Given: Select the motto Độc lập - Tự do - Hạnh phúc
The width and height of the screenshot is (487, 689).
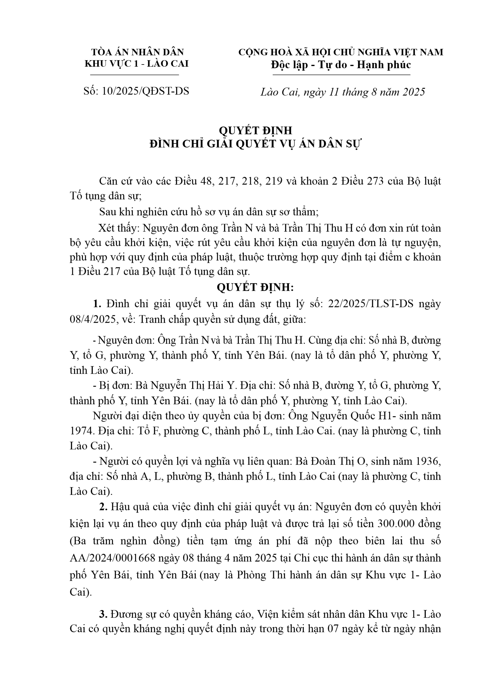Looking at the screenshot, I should point(341,65).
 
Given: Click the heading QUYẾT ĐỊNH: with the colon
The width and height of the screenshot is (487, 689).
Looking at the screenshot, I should point(255,287).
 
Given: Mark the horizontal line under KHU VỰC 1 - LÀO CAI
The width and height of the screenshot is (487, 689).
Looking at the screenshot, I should point(134,75).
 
